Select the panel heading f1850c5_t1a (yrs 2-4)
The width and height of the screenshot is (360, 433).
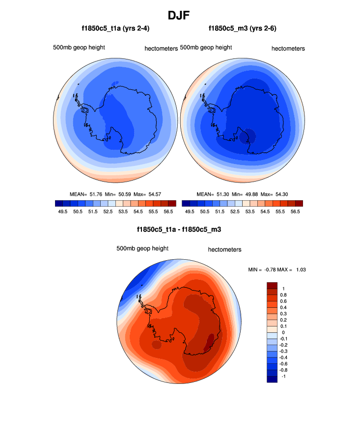coord(115,29)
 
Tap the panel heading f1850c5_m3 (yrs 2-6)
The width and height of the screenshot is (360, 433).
coord(243,29)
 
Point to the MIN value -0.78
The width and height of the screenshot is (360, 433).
coord(270,270)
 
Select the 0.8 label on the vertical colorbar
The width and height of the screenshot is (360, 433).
coord(283,295)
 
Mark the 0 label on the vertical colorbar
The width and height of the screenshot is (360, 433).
coord(283,332)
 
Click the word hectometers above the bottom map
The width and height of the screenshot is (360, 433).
coord(224,249)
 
